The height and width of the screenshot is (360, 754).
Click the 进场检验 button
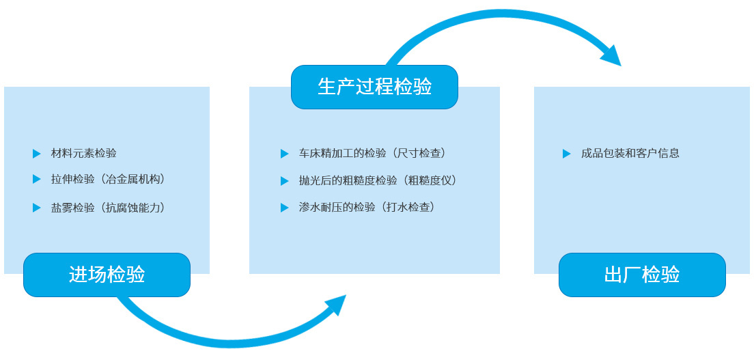pos(107,275)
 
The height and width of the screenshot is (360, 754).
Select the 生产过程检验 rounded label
pos(374,87)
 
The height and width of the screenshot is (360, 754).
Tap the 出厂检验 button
pos(642,275)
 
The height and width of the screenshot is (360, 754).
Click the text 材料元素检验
pos(84,154)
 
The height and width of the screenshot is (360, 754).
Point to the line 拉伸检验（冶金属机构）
pos(108,180)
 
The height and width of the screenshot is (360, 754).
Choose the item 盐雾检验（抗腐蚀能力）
pos(108,208)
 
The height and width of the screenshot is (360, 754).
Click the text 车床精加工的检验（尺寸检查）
pos(372,154)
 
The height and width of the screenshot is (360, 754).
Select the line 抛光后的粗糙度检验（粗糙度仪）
pos(378,180)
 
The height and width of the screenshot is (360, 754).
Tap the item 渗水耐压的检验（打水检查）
pos(367,208)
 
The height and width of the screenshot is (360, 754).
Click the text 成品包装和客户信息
pos(630,154)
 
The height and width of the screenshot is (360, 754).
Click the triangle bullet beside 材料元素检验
pos(37,154)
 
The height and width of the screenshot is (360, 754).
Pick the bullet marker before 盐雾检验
pos(37,208)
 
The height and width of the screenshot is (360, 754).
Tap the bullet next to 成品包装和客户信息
pos(566,154)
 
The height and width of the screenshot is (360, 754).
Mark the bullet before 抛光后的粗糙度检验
pos(285,181)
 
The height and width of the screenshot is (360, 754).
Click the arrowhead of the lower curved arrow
pos(337,304)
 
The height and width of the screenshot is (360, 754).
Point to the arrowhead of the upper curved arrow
pos(612,55)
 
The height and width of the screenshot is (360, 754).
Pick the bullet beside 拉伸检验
pos(37,179)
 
